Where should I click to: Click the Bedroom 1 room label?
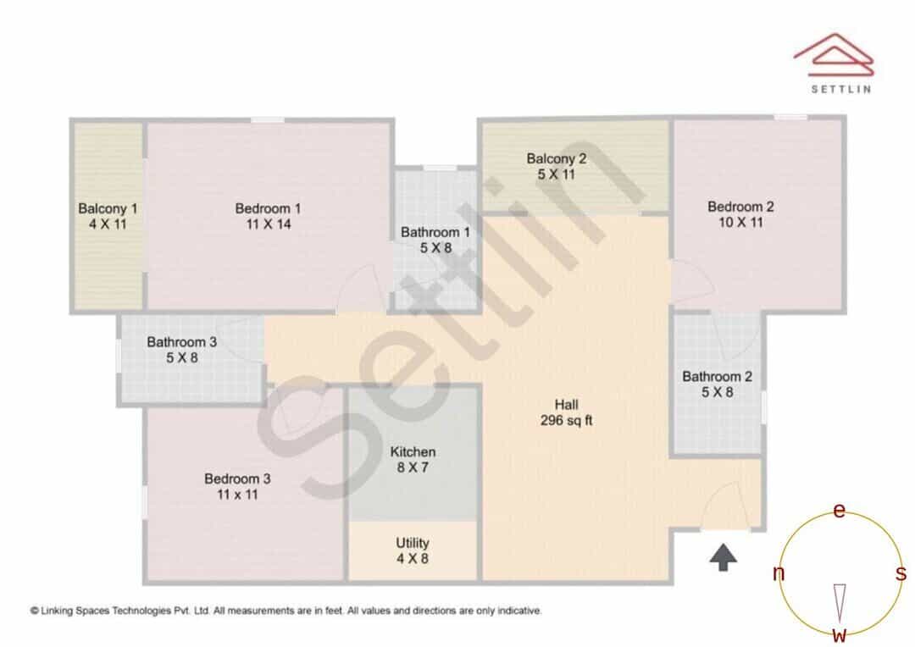point(268,208)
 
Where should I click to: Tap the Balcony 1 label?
point(108,208)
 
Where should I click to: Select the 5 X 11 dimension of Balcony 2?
point(556,174)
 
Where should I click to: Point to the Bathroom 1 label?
point(435,232)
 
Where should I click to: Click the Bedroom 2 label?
point(740,207)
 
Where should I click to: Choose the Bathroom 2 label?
point(718,376)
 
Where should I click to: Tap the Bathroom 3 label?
point(181,342)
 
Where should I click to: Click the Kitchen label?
point(413,451)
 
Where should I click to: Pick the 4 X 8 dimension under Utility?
point(413,558)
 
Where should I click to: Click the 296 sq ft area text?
point(566,420)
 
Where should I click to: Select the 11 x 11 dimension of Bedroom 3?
point(237,495)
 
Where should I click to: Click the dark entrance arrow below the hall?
point(723,557)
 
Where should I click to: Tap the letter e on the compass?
point(839,511)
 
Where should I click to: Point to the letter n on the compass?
point(779,573)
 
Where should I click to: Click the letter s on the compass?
point(901,573)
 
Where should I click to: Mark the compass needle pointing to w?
point(839,603)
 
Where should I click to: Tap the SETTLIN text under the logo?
point(841,89)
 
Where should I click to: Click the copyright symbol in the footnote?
point(35,611)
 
